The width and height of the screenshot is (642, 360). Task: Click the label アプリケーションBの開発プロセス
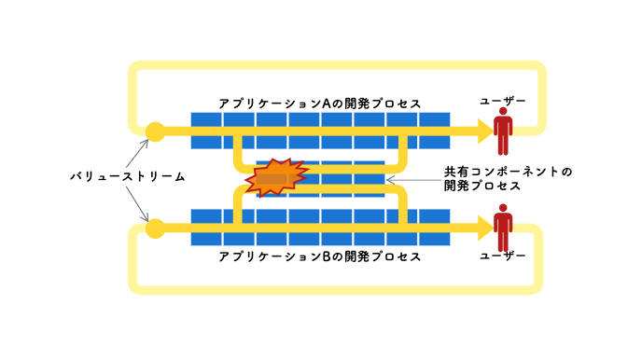click(320, 256)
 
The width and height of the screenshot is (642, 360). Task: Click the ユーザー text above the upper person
click(503, 100)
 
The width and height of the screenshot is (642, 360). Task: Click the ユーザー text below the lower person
click(503, 255)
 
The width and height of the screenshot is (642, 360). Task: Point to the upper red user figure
click(503, 132)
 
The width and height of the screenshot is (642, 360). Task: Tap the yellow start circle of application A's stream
click(155, 132)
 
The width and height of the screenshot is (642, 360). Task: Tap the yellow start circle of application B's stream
click(155, 226)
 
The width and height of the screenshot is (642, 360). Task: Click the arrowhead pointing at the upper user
click(482, 132)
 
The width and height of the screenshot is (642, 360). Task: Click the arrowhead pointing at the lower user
click(482, 226)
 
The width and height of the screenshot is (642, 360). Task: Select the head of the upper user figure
click(503, 113)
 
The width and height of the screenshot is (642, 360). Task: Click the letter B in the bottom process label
click(327, 256)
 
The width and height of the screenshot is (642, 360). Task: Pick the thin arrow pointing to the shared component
click(411, 179)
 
